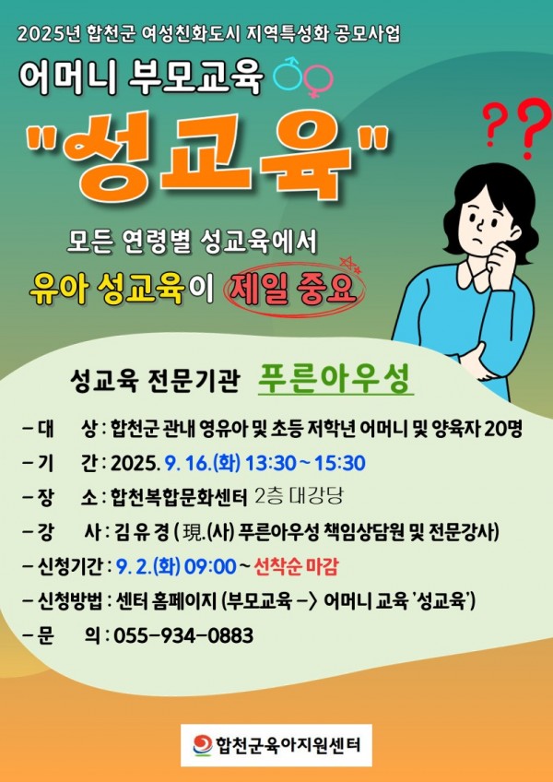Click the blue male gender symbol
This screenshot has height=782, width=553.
(x=288, y=76)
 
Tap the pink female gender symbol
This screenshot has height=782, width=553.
(x=317, y=80)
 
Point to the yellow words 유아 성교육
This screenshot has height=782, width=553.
(x=106, y=290)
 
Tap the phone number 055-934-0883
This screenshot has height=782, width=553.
(x=184, y=636)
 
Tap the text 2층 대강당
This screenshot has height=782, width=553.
(x=299, y=497)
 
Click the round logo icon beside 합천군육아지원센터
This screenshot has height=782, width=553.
(x=203, y=744)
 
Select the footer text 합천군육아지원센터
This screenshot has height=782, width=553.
(x=288, y=745)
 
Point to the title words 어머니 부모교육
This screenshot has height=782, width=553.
(x=142, y=78)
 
